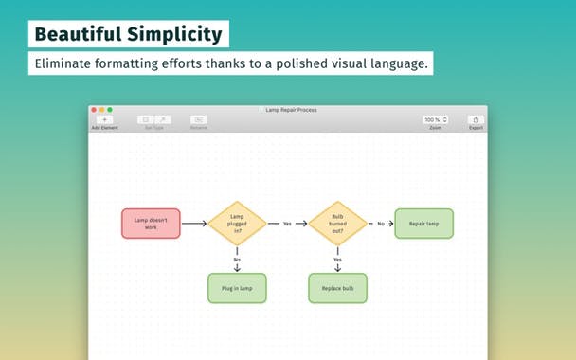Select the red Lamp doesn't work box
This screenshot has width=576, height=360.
[x=151, y=224]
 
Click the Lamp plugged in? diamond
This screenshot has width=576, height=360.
[x=237, y=224]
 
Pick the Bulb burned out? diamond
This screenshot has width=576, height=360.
[x=337, y=224]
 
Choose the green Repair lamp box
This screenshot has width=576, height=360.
[x=423, y=224]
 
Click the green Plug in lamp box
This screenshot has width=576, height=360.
[x=237, y=288]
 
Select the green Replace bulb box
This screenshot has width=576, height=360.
[x=337, y=288]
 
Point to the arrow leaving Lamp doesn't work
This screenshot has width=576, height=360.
[x=193, y=224]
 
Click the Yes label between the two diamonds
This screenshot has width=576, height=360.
[x=287, y=224]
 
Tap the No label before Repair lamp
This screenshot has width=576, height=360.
[x=381, y=224]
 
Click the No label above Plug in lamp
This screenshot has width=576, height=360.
[x=237, y=260]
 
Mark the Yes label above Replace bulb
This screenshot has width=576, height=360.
[x=337, y=260]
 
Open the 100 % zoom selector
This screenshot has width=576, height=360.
[x=436, y=120]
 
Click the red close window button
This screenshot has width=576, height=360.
[x=94, y=110]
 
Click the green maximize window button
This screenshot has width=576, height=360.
[x=109, y=110]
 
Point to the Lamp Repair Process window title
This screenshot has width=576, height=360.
[x=290, y=110]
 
